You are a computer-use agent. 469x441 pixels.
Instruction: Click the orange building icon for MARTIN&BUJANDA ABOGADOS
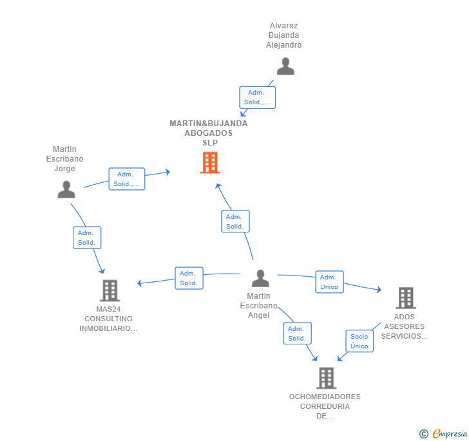(x=210, y=163)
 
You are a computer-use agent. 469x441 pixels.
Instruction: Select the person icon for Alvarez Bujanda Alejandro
(x=285, y=66)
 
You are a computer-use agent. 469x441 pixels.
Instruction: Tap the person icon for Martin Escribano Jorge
(x=66, y=189)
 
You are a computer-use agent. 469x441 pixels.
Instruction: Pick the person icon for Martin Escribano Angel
(x=260, y=278)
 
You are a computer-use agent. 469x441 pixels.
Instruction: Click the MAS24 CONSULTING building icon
(x=110, y=290)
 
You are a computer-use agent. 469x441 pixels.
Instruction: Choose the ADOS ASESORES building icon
(x=406, y=298)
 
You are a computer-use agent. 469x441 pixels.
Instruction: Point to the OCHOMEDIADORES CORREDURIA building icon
(x=327, y=378)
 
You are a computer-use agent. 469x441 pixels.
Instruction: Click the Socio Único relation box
(x=359, y=341)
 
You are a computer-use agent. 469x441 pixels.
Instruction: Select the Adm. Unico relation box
(x=329, y=282)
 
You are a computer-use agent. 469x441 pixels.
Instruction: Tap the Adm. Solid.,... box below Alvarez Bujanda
(x=257, y=97)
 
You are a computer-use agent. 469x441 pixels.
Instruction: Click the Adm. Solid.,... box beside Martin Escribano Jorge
(x=127, y=179)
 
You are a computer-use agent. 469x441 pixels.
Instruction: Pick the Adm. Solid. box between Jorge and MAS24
(x=87, y=238)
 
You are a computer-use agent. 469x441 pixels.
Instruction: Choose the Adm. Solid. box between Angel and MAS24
(x=189, y=278)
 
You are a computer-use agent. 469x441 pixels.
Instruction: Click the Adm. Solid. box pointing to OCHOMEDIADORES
(x=298, y=333)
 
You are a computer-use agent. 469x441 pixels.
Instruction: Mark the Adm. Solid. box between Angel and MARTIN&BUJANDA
(x=235, y=221)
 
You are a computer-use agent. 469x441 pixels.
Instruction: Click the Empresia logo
(x=443, y=433)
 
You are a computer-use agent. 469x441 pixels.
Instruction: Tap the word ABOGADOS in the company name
(x=209, y=133)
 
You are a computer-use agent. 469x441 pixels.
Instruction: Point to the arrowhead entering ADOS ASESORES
(x=379, y=290)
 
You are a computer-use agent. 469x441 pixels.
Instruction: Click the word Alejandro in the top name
(x=284, y=45)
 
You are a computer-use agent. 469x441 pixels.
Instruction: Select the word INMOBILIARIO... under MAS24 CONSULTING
(x=108, y=328)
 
